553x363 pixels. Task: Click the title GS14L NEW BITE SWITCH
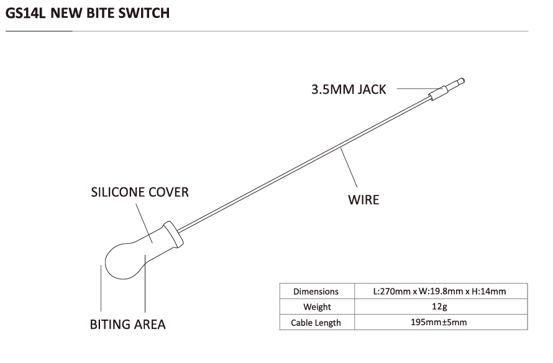pos(88,13)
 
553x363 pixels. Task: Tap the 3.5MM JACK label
pos(349,89)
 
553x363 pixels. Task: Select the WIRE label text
pos(363,200)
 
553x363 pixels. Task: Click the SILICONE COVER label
pos(140,192)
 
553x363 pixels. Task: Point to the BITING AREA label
pos(127,325)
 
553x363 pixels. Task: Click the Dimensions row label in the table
pos(316,292)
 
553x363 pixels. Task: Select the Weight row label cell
pos(317,307)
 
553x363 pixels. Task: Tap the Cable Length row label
pos(316,323)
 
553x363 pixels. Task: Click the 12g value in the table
pos(439,307)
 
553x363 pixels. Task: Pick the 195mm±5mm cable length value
pos(439,322)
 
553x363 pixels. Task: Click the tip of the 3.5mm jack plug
pos(464,81)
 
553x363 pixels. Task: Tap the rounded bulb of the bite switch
pos(124,261)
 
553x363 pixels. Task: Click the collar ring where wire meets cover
pos(173,234)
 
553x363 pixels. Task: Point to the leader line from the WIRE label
pos(349,168)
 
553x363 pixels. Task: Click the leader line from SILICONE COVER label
pos(144,223)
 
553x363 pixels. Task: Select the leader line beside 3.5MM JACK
pos(419,88)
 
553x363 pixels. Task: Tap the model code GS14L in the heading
pos(25,13)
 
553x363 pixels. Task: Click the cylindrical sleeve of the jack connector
pos(439,93)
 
